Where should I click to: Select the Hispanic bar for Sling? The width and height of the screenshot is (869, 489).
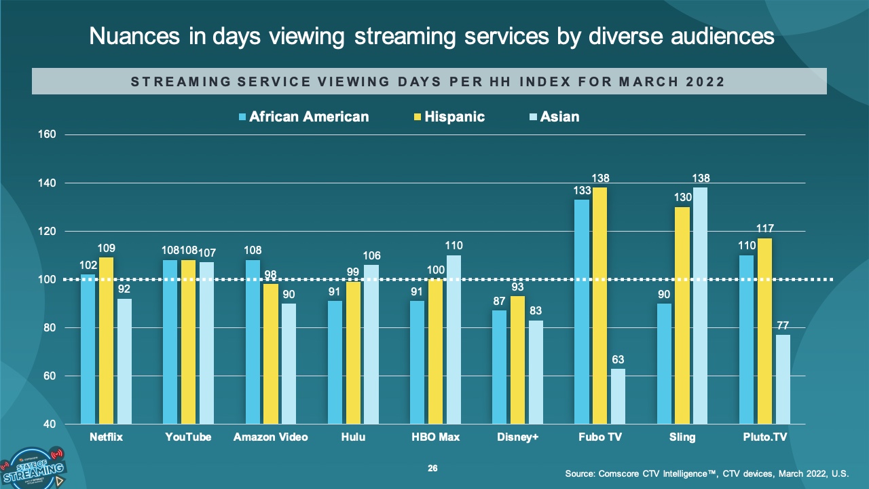pyautogui.click(x=682, y=316)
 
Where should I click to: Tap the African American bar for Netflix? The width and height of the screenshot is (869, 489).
pyautogui.click(x=88, y=349)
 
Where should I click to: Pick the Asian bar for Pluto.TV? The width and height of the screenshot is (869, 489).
pyautogui.click(x=783, y=380)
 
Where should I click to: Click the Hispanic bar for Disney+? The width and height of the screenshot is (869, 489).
pyautogui.click(x=517, y=360)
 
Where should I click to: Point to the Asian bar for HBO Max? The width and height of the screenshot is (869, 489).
pyautogui.click(x=453, y=340)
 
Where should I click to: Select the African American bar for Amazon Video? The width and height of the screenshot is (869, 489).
pyautogui.click(x=253, y=342)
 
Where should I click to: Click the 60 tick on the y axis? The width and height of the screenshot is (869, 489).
pyautogui.click(x=49, y=376)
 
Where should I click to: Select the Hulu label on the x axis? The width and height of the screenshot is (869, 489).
pyautogui.click(x=353, y=437)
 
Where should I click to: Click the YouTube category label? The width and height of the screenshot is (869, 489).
pyautogui.click(x=188, y=437)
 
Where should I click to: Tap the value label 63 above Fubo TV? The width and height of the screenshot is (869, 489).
pyautogui.click(x=618, y=359)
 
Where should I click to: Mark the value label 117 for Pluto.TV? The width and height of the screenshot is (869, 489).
pyautogui.click(x=765, y=228)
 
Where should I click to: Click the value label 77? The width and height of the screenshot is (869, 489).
pyautogui.click(x=783, y=325)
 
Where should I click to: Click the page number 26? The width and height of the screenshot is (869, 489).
pyautogui.click(x=432, y=469)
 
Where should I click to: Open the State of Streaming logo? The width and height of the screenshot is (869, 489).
pyautogui.click(x=34, y=467)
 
